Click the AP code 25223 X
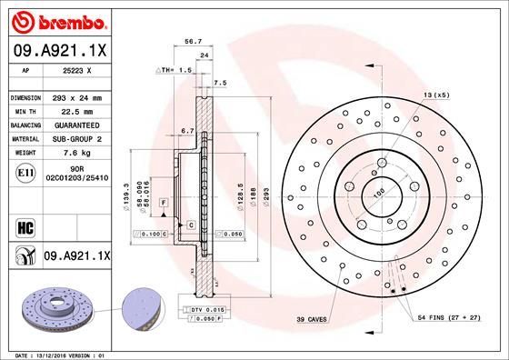pyautogui.click(x=75, y=69)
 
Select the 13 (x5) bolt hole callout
pyautogui.click(x=435, y=95)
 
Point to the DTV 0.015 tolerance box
pyautogui.click(x=201, y=311)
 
